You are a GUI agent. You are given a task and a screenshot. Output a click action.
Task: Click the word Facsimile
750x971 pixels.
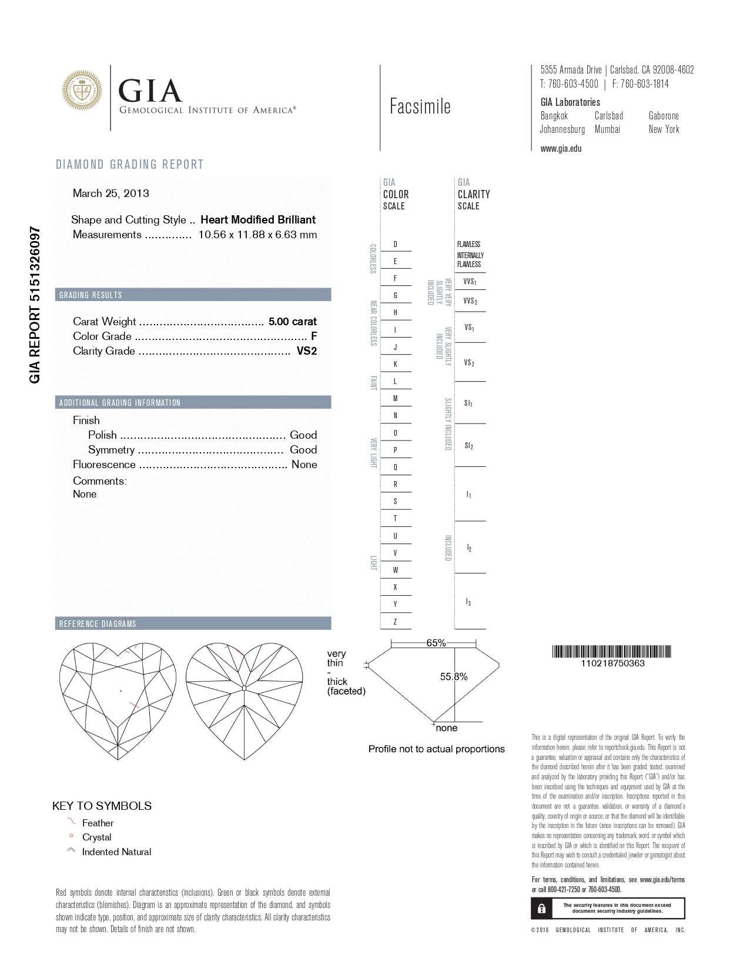pos(420,106)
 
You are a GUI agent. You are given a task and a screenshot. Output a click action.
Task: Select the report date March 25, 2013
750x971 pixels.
pos(111,193)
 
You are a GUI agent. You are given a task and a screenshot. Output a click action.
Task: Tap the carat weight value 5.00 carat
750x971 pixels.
pos(292,322)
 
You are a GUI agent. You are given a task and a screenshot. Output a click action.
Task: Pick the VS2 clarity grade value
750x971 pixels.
pos(306,351)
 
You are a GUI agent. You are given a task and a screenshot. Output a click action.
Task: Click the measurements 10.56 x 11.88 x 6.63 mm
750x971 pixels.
pos(257,235)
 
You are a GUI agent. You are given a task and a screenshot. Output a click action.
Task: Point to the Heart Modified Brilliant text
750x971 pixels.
pos(258,220)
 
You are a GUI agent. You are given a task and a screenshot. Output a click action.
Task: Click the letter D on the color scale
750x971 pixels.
pos(395,244)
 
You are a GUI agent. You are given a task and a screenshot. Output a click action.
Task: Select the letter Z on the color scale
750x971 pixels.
pos(395,621)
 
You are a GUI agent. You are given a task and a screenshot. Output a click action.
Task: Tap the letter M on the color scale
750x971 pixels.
pos(395,398)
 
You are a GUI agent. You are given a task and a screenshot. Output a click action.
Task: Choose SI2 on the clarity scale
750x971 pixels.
pos(468,446)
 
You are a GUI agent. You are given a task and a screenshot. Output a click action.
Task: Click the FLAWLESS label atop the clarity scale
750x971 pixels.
pos(468,244)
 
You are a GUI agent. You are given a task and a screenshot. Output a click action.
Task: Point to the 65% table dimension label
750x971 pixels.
pos(436,643)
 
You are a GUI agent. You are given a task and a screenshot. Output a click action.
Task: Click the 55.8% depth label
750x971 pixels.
pos(454,677)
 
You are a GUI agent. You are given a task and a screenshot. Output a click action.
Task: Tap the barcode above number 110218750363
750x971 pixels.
pos(612,652)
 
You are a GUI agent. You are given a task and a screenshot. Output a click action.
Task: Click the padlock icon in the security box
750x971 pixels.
pos(541,909)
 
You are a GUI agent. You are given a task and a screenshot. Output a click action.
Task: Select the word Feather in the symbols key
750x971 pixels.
pos(98,823)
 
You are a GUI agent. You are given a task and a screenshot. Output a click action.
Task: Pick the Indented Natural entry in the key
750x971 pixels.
pos(116,852)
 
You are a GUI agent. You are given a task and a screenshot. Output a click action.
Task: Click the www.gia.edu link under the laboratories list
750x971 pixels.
pos(561,148)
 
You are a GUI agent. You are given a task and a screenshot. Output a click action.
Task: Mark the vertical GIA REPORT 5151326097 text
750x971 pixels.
pos(35,304)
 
